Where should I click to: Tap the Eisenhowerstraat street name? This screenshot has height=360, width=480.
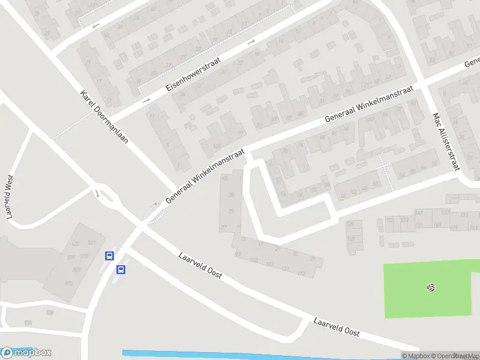[x=194, y=75]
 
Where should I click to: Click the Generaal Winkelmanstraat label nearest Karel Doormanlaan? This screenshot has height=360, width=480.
[x=205, y=175]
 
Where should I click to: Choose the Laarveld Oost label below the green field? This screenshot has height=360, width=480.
[x=336, y=326]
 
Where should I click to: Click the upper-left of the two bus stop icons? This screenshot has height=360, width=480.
[x=109, y=256]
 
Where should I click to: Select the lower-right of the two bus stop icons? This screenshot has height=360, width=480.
[x=121, y=269]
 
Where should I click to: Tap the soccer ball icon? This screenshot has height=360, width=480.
[x=431, y=288]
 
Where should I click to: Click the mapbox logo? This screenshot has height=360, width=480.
[x=26, y=352]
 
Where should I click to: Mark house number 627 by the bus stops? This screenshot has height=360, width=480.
[x=76, y=243]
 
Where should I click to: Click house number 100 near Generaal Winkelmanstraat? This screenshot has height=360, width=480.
[x=217, y=146]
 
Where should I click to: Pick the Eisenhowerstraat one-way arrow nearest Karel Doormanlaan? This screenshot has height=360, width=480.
[x=146, y=100]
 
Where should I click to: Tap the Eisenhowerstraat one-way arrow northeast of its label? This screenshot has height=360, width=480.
[x=251, y=41]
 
